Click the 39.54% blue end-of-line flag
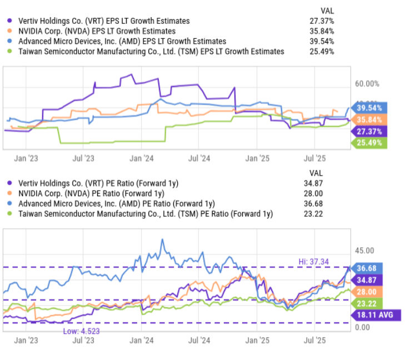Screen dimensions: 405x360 click(369, 108)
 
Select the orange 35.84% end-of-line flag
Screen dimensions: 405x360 click(369, 120)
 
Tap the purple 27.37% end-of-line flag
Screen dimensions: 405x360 click(369, 132)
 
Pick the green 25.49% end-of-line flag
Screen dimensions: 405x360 click(369, 143)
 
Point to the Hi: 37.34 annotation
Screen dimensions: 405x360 click(313, 262)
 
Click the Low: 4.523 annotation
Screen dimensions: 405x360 click(81, 331)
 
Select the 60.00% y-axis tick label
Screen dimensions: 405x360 click(367, 84)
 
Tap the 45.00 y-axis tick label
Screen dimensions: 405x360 click(364, 251)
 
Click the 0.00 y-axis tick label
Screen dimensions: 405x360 click(362, 327)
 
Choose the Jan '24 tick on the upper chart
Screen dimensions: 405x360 click(142, 158)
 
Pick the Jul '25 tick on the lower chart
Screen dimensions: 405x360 click(314, 340)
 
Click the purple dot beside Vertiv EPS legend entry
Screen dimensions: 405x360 click(9, 21)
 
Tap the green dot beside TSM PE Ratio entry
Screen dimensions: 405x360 click(9, 213)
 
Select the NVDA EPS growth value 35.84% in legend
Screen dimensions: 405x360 click(322, 31)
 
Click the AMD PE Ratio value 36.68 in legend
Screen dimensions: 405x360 click(313, 203)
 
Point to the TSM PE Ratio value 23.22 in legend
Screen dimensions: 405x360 click(313, 213)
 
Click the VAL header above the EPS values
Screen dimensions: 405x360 click(327, 11)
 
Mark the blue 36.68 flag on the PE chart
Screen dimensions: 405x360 click(367, 268)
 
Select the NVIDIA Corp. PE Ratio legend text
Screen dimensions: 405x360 click(91, 193)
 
